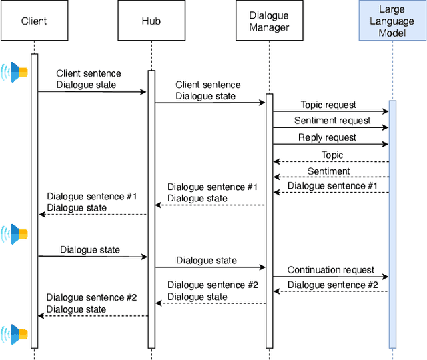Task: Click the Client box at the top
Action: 34,21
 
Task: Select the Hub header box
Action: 151,21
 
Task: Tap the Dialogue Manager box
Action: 269,21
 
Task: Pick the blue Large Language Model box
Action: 392,21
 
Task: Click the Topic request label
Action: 328,105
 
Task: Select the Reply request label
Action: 327,137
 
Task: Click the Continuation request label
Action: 331,270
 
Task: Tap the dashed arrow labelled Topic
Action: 330,161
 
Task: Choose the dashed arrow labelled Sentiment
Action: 330,177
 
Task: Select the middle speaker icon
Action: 15,233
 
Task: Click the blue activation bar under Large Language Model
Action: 392,223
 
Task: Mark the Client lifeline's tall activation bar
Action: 34,200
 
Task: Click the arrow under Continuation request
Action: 330,277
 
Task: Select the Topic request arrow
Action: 330,111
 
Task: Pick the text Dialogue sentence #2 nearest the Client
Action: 91,297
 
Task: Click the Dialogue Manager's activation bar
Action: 269,220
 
